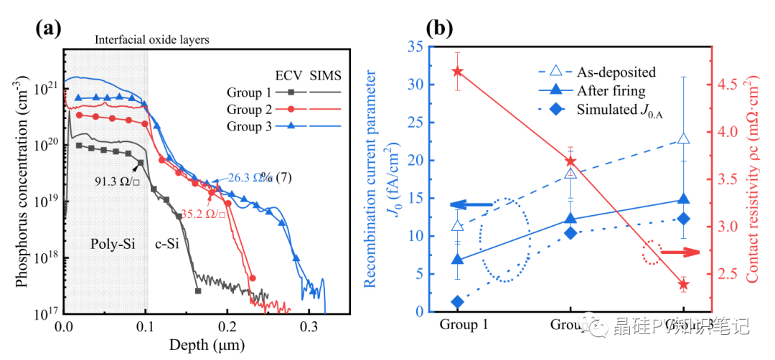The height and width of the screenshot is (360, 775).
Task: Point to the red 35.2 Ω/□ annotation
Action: pyautogui.click(x=203, y=213)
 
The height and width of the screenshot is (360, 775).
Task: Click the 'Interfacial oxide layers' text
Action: pyautogui.click(x=151, y=40)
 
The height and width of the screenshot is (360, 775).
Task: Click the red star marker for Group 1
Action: pyautogui.click(x=458, y=72)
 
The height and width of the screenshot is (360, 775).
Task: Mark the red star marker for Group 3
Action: pyautogui.click(x=683, y=285)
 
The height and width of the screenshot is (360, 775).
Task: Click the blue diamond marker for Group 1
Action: pyautogui.click(x=458, y=302)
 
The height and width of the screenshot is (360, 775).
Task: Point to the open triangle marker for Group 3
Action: pyautogui.click(x=683, y=138)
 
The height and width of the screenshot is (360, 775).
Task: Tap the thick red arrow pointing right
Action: pyautogui.click(x=680, y=252)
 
